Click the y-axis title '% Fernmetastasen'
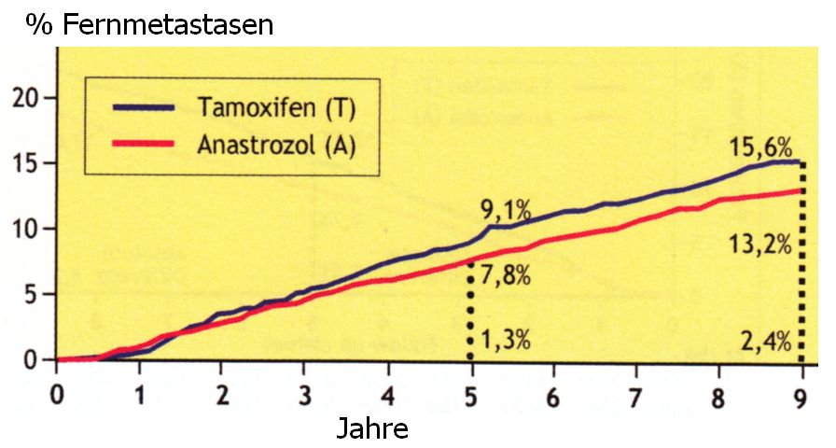click(149, 24)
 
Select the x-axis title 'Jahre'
click(371, 429)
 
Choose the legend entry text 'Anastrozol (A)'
click(276, 146)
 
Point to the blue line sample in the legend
click(144, 108)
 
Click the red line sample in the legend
click(144, 146)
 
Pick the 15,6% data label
click(762, 147)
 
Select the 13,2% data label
click(762, 245)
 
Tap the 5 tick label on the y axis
click(35, 295)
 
